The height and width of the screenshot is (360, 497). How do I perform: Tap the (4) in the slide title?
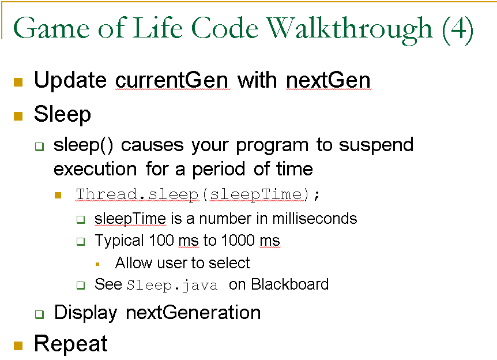tap(458, 29)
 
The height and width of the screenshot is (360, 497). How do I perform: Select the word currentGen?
tap(172, 80)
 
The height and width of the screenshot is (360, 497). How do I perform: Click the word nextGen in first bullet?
tap(328, 80)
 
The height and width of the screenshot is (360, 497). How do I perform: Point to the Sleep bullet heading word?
tap(62, 114)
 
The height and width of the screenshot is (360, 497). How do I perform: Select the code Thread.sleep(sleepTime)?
tap(198, 194)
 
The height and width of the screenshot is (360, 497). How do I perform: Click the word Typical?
tap(119, 241)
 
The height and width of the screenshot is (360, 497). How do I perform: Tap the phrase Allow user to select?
tap(182, 263)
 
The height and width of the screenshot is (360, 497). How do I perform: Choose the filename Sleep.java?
tap(172, 285)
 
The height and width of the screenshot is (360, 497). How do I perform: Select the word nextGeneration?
tap(193, 313)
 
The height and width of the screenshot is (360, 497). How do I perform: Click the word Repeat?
tap(70, 344)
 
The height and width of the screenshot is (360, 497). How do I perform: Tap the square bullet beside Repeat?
tap(18, 345)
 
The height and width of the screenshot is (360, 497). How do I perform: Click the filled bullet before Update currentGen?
tap(18, 81)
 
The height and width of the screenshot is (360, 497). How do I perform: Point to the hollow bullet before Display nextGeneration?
tap(39, 314)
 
